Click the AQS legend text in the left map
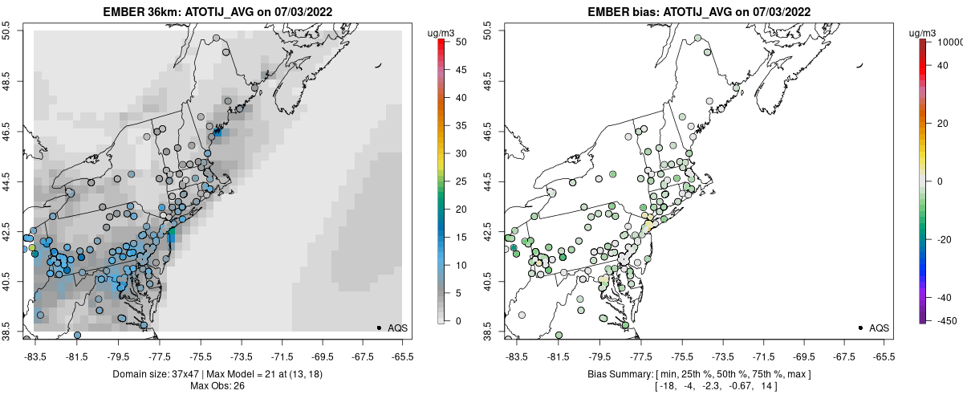tap(397, 328)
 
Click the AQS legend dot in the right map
tap(860, 328)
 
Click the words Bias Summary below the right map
tap(620, 374)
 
